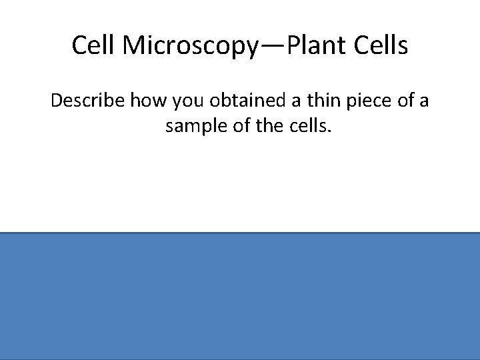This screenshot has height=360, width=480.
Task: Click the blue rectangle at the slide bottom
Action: point(240,296)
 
